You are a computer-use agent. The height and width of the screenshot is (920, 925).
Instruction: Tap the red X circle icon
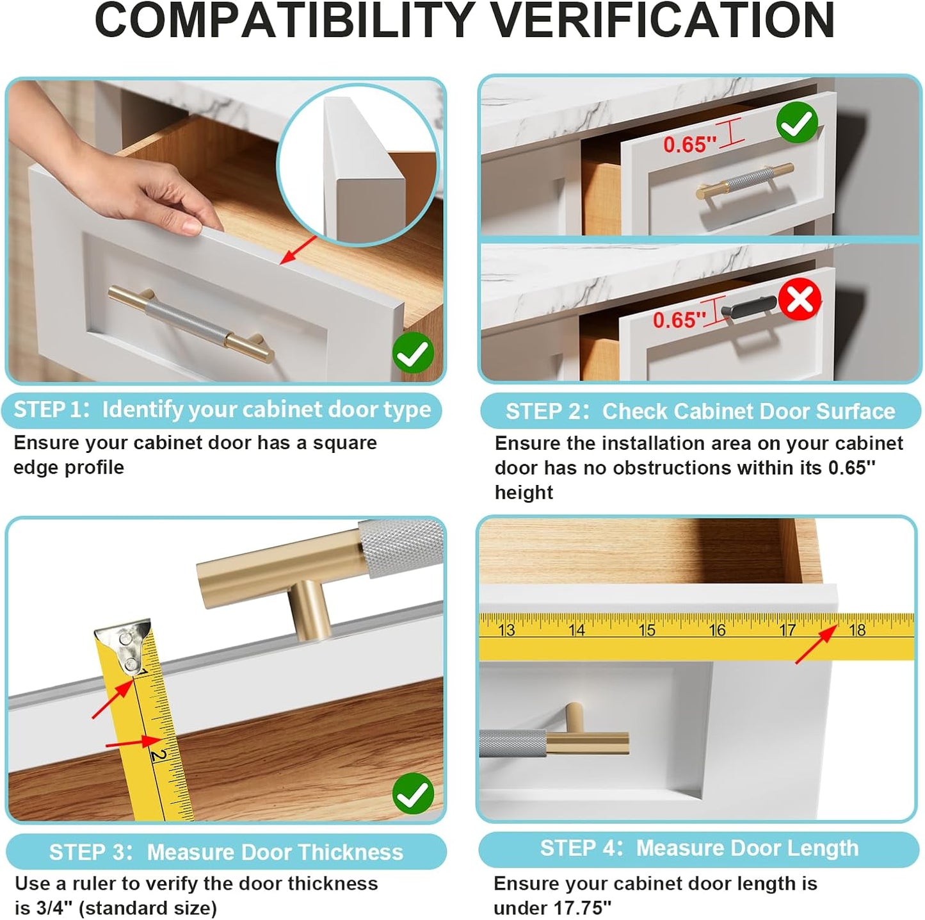[x=800, y=300]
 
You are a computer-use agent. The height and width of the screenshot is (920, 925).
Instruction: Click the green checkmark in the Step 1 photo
[x=413, y=352]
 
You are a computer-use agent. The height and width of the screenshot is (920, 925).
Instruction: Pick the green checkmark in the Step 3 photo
[x=413, y=794]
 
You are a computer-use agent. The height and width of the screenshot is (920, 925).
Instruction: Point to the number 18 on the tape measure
[x=857, y=630]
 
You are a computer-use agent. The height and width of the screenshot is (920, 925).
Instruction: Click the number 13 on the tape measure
[x=506, y=630]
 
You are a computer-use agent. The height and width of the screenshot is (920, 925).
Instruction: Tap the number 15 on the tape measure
[x=647, y=630]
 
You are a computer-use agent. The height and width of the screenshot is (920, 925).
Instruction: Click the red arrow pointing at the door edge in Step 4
[x=816, y=645]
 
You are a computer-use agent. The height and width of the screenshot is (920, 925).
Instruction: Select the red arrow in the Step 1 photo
[x=298, y=250]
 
